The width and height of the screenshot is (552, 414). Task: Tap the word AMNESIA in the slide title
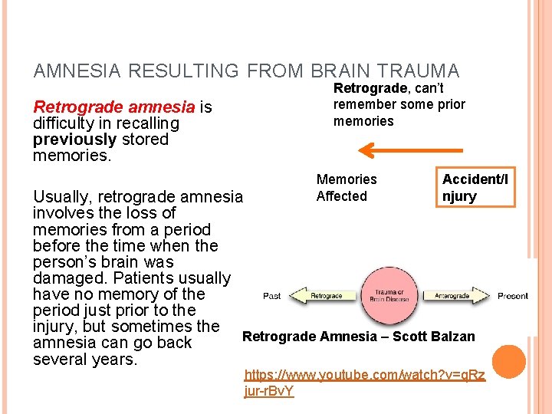[75, 71]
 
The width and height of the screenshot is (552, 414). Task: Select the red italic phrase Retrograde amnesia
[113, 107]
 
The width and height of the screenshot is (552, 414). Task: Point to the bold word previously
[74, 140]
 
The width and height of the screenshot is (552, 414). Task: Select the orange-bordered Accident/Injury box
[475, 188]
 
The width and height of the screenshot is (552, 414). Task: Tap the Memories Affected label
[347, 188]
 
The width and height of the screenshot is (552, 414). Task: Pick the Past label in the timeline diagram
[272, 296]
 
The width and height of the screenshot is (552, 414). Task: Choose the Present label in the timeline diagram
[513, 296]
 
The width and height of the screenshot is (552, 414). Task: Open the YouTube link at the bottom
[364, 383]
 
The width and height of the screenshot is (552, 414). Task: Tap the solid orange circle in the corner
[509, 363]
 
